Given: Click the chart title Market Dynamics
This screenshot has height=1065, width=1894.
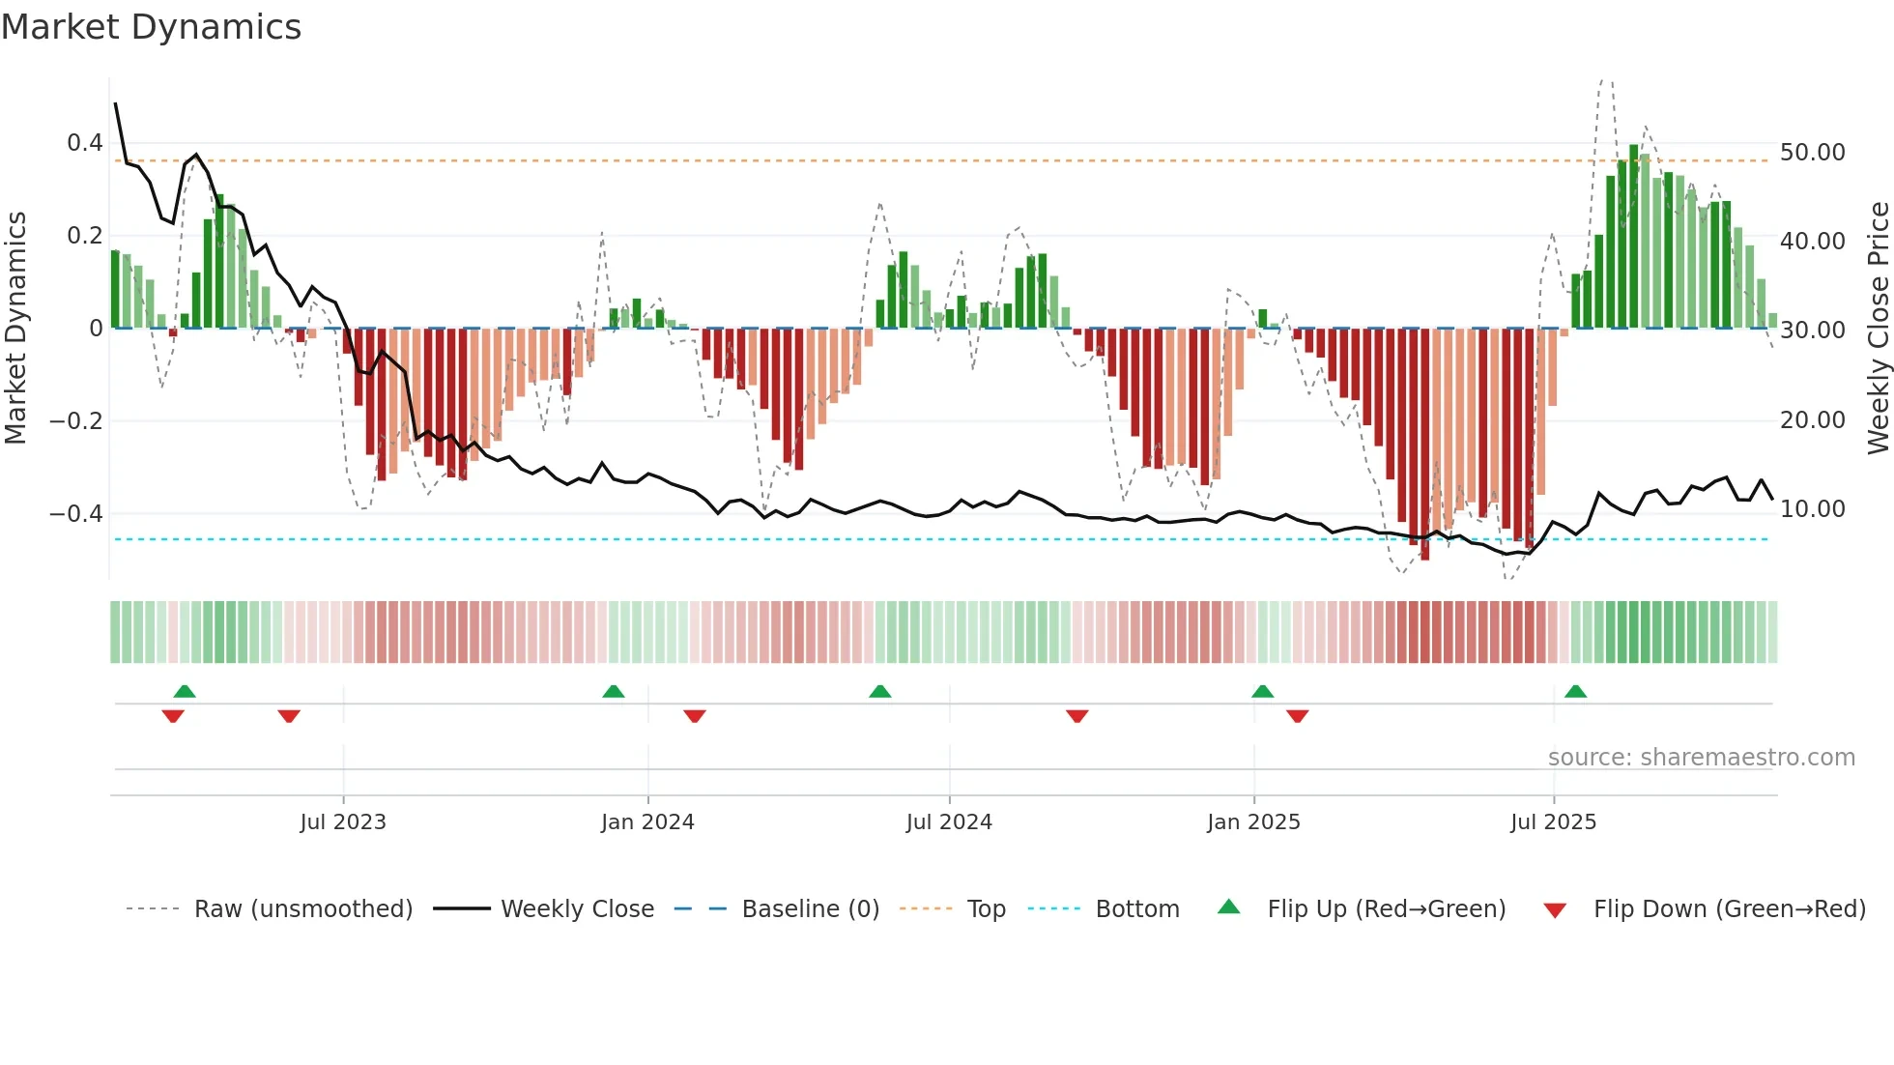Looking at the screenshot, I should (x=151, y=27).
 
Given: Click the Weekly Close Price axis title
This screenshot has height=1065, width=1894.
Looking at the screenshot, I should (x=1878, y=328).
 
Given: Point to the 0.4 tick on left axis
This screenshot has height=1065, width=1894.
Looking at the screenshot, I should (x=84, y=143).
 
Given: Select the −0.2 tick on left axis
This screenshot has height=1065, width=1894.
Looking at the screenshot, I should (x=76, y=420).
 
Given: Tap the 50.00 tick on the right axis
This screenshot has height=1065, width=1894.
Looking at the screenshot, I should (x=1812, y=152).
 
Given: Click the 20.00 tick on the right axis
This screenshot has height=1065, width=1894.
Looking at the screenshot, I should (x=1812, y=419).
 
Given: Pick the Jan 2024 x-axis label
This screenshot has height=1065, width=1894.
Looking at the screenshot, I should (x=647, y=821).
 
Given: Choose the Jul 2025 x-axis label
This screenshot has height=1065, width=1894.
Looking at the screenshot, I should (x=1553, y=821).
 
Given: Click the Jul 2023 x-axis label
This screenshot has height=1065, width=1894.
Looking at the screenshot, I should (x=343, y=821).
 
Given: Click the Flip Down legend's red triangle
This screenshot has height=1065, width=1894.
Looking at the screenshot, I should (x=1555, y=910).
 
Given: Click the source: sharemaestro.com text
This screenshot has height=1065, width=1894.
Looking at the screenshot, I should (x=1701, y=757).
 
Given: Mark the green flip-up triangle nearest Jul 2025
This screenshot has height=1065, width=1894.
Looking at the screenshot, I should (x=1575, y=691).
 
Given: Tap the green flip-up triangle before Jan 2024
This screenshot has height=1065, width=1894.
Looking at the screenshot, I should (x=613, y=691).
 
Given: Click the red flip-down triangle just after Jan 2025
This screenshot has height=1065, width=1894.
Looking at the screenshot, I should (x=1297, y=716).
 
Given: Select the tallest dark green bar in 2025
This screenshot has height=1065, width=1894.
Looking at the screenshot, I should (x=1633, y=237).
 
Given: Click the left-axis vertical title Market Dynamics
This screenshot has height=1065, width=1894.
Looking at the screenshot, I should (x=15, y=328).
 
